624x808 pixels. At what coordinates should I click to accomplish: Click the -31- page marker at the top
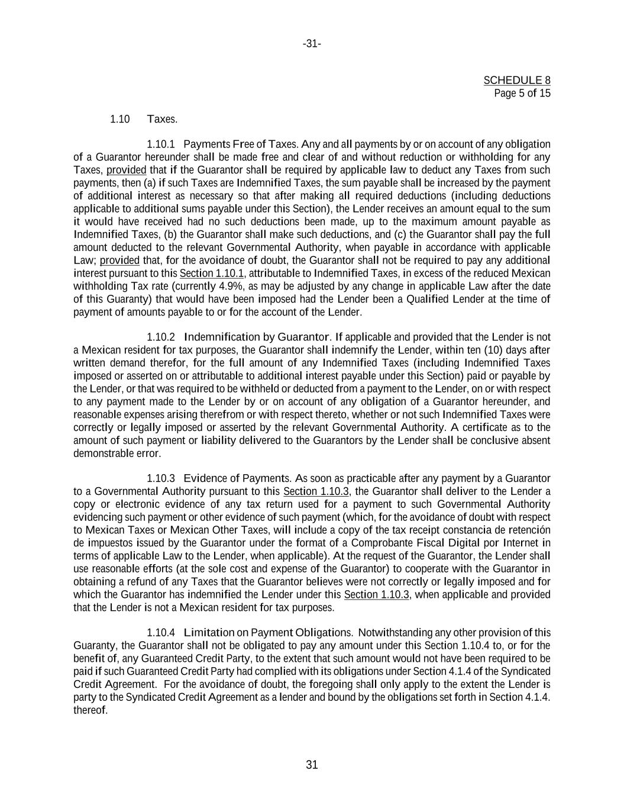click(x=312, y=44)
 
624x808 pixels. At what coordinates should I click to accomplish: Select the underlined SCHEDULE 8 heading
click(x=517, y=80)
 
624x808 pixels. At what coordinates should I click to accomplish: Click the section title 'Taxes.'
click(x=162, y=119)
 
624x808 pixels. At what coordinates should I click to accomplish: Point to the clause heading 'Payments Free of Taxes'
click(x=241, y=144)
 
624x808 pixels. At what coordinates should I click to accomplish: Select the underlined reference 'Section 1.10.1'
click(x=212, y=273)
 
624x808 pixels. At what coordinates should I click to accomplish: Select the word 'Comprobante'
click(x=385, y=543)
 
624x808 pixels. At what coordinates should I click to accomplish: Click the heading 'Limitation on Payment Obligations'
click(x=267, y=633)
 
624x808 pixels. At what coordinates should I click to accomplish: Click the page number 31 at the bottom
click(x=312, y=765)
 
